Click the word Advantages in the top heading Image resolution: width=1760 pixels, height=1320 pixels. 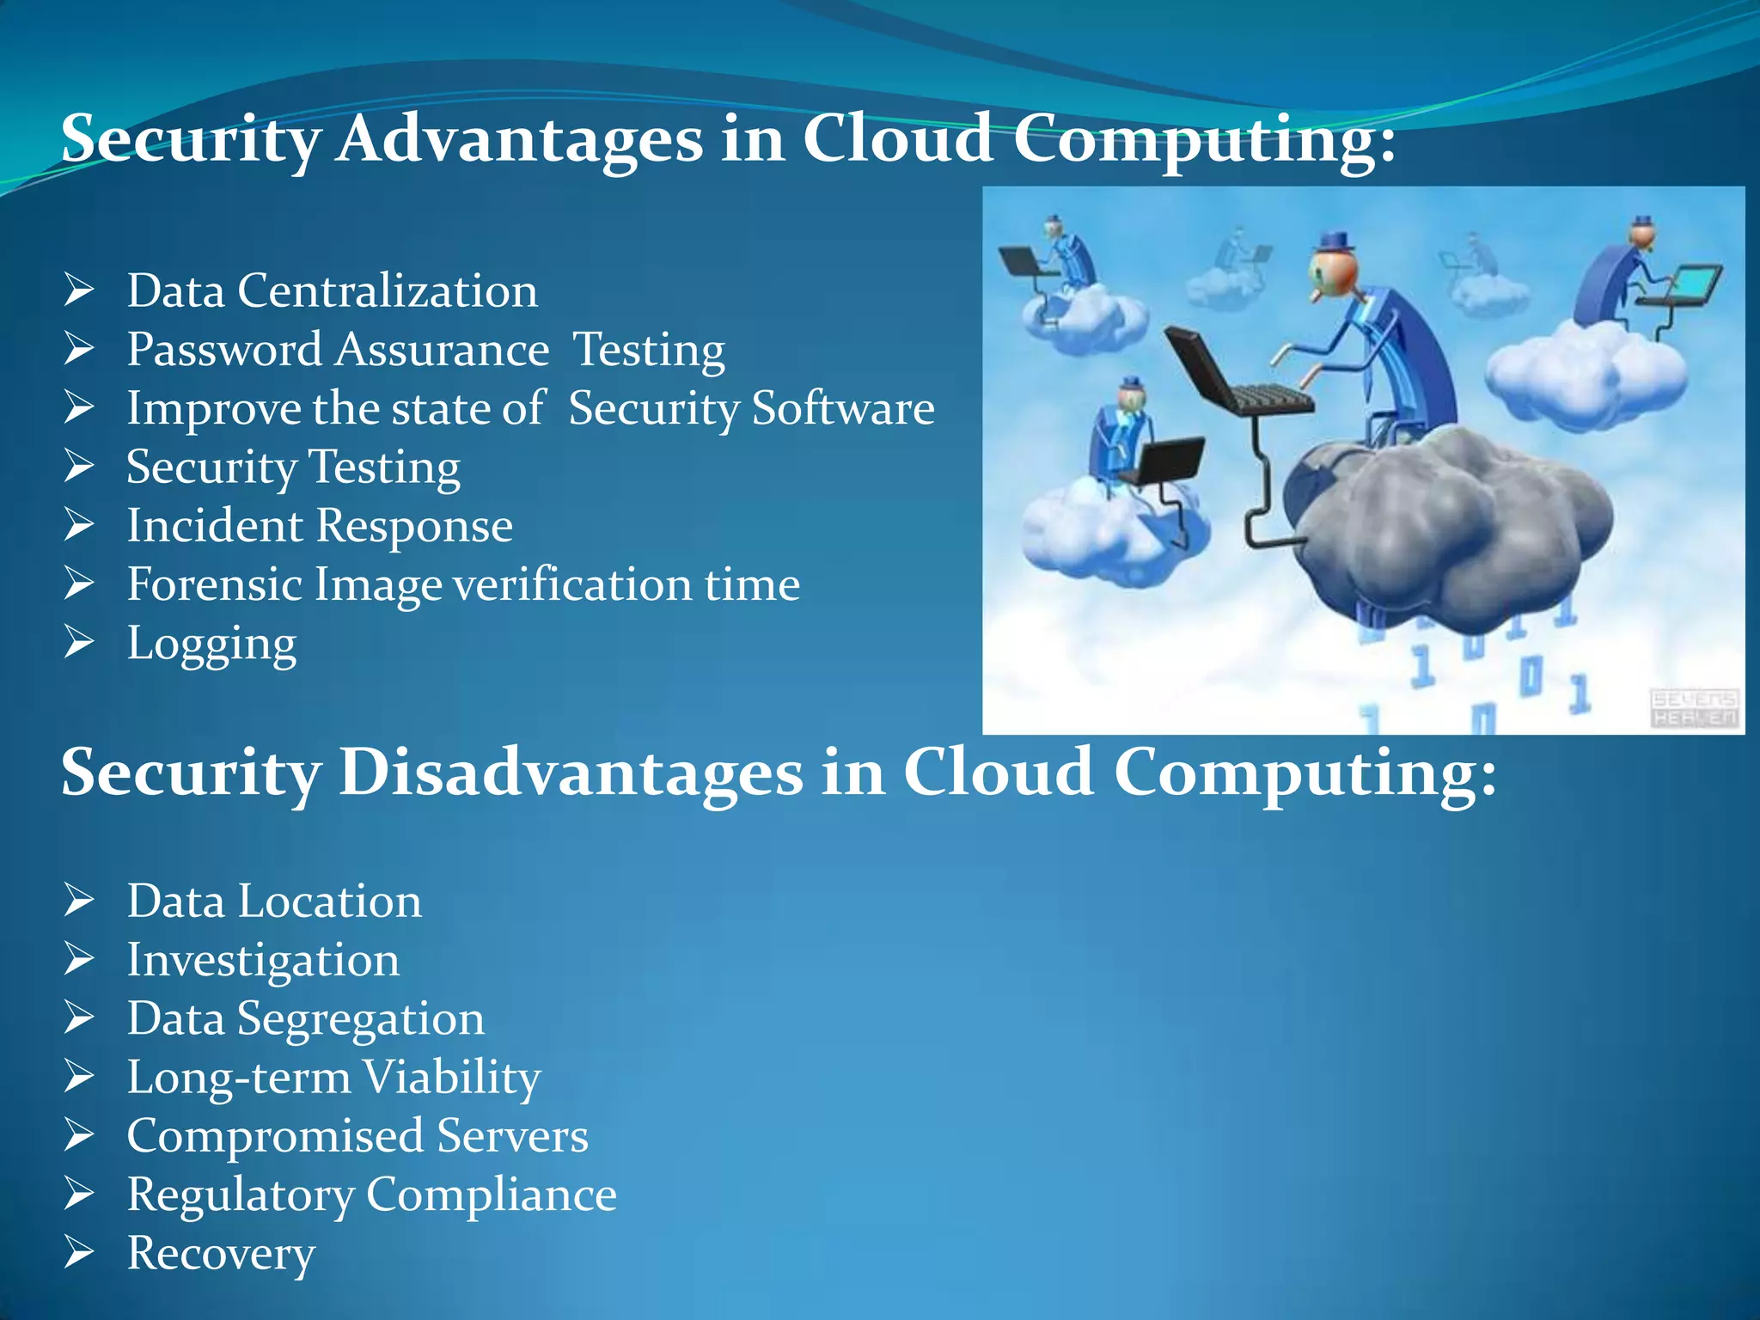click(x=520, y=139)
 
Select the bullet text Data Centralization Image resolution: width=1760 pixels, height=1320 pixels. click(x=333, y=290)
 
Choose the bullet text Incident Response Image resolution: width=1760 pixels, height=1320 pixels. click(x=320, y=525)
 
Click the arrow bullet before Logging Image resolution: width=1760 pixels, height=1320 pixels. click(x=79, y=642)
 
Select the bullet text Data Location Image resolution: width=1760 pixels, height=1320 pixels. click(x=274, y=901)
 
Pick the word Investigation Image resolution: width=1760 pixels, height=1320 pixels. click(x=263, y=960)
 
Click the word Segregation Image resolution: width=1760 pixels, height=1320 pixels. click(x=361, y=1019)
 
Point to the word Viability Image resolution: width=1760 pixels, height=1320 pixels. click(x=451, y=1077)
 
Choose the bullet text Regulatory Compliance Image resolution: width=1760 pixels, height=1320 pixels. click(x=371, y=1195)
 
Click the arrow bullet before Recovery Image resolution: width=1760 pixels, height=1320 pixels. click(x=79, y=1252)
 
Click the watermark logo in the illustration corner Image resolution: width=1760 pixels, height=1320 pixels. click(x=1694, y=708)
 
